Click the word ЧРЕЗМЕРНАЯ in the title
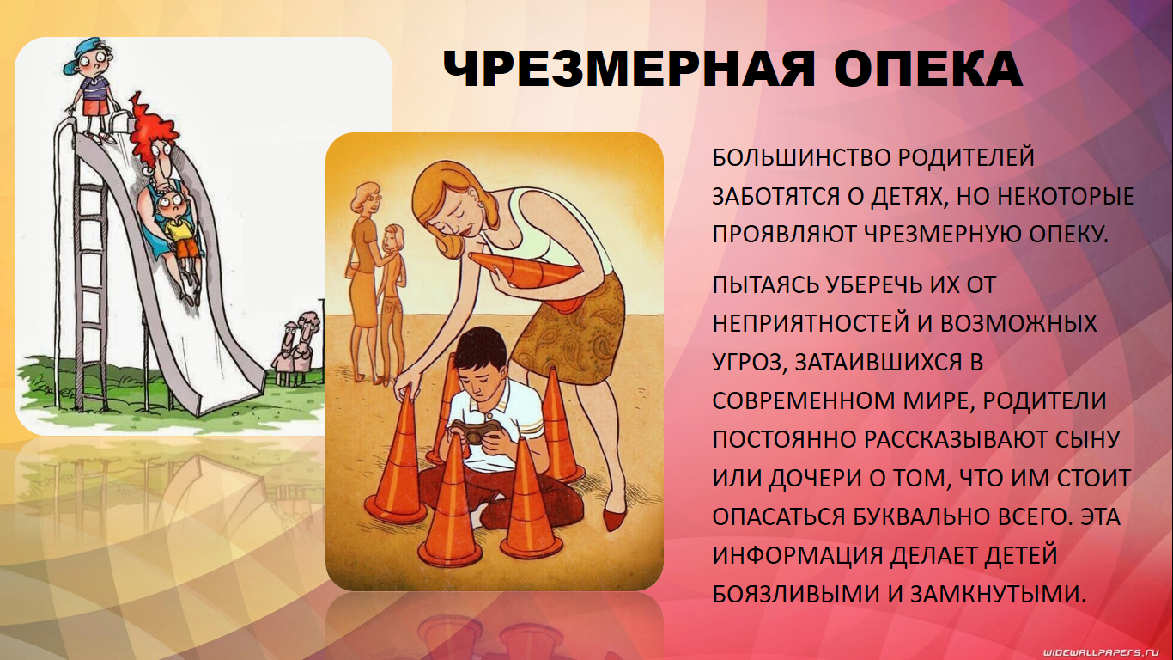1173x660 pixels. (x=629, y=70)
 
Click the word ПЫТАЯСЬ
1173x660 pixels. (x=764, y=284)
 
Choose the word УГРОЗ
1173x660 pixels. (x=747, y=363)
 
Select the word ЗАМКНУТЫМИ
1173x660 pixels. (x=998, y=594)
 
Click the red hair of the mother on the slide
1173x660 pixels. (x=154, y=131)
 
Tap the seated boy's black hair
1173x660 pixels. (x=480, y=349)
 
